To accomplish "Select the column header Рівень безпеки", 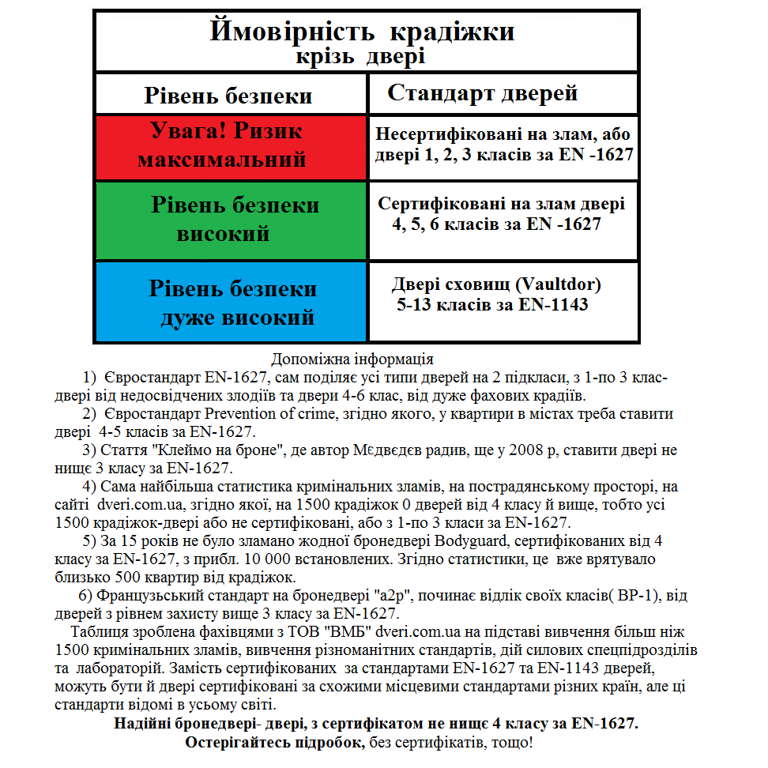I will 228,96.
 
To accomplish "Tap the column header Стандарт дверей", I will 482,93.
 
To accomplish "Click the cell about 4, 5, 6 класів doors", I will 502,214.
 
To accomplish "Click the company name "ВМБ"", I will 347,633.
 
